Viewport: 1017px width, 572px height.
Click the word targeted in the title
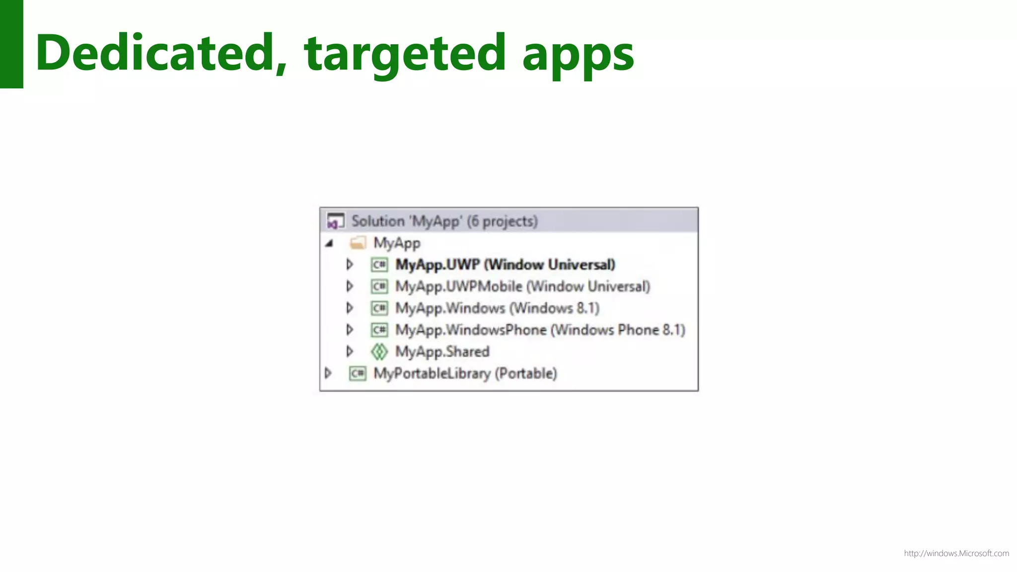click(405, 54)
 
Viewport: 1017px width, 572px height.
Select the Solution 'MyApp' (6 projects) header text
click(444, 221)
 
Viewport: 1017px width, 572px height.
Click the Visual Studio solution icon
click(335, 221)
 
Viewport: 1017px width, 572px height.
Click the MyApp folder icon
click(358, 243)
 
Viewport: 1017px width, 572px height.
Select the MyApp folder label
click(397, 243)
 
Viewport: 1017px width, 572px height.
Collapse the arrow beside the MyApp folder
click(329, 243)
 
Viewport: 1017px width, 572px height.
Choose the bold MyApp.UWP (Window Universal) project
click(505, 265)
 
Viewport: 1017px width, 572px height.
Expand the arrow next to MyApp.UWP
click(350, 265)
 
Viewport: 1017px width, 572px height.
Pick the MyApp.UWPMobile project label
click(522, 286)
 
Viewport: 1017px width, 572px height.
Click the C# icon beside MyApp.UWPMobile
click(379, 286)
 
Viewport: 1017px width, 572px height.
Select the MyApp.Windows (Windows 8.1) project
click(497, 308)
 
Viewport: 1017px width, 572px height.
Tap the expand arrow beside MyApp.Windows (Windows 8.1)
click(350, 308)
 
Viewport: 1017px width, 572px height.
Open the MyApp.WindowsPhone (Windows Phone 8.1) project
click(540, 330)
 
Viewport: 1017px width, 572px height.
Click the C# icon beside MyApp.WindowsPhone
click(379, 330)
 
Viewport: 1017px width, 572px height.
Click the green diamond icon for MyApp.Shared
click(379, 352)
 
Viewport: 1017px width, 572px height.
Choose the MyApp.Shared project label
click(442, 352)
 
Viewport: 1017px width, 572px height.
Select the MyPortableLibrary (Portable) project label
click(465, 373)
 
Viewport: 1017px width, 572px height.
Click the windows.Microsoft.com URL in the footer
click(956, 554)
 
